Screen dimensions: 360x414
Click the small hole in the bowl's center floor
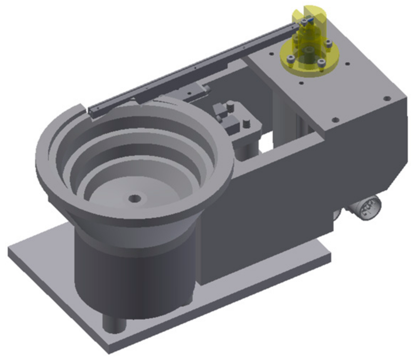point(135,198)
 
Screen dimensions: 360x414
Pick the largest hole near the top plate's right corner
point(386,98)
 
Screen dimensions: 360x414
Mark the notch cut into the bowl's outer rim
point(84,107)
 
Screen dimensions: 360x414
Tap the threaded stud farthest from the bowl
point(246,124)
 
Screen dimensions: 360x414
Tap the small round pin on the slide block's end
point(206,88)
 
